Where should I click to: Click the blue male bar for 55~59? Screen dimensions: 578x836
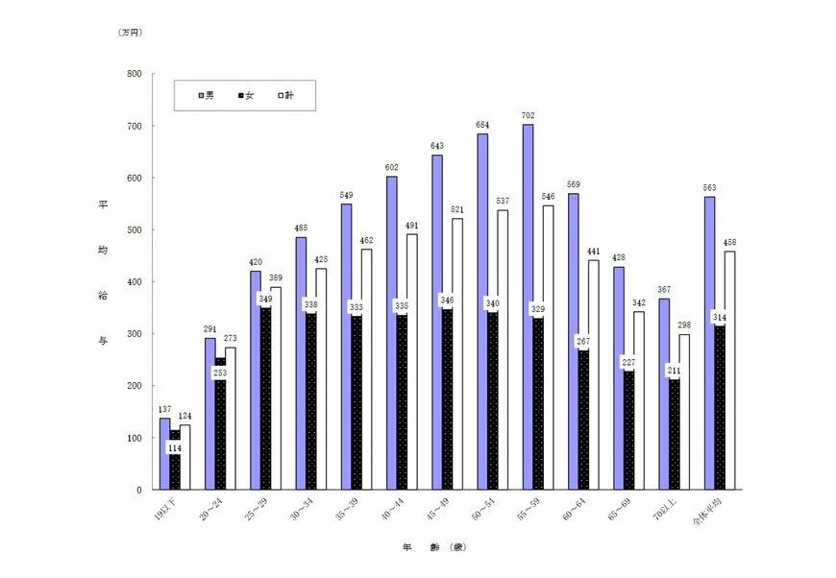pyautogui.click(x=528, y=307)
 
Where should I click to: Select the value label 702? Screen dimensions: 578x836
pyautogui.click(x=528, y=115)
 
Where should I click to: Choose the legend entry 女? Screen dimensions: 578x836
pyautogui.click(x=246, y=96)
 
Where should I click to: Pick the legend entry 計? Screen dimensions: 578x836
pyautogui.click(x=286, y=96)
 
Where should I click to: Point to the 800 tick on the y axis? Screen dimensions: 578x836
pyautogui.click(x=134, y=74)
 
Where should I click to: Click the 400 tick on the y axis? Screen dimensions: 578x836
pyautogui.click(x=134, y=282)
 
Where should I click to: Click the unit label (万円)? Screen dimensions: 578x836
pyautogui.click(x=131, y=33)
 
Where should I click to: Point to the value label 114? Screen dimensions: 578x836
pyautogui.click(x=175, y=447)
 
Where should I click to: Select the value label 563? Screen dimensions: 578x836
pyautogui.click(x=709, y=187)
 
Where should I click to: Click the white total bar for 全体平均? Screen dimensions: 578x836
pyautogui.click(x=729, y=371)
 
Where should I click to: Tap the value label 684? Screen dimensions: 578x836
pyautogui.click(x=483, y=125)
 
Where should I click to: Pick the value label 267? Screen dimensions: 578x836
pyautogui.click(x=582, y=340)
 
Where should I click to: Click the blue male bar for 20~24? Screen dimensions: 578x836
pyautogui.click(x=209, y=414)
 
